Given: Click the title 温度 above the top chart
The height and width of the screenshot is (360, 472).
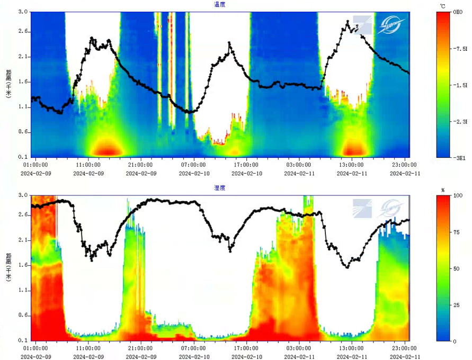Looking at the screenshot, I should click(219, 4).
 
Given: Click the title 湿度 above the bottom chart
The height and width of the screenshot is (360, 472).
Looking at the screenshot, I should click(219, 188).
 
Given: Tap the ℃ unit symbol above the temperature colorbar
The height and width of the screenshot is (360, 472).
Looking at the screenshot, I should click(442, 5).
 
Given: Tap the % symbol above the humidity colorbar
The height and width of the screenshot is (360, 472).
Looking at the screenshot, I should click(443, 190).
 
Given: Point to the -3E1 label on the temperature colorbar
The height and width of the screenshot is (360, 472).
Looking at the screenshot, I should click(458, 158).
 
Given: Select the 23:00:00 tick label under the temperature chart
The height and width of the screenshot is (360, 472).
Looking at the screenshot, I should click(404, 165).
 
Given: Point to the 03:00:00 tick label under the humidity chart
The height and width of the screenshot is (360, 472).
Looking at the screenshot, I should click(299, 349).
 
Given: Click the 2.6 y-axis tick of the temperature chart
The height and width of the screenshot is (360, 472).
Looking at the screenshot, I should click(23, 32).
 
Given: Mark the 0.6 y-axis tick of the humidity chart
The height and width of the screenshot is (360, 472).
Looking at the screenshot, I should click(23, 316).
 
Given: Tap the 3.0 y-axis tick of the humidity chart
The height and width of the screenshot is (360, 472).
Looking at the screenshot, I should click(23, 195).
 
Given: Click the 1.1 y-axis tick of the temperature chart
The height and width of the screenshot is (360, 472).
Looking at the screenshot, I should click(23, 107).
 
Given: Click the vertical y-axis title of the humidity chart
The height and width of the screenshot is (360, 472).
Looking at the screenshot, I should click(9, 267).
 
